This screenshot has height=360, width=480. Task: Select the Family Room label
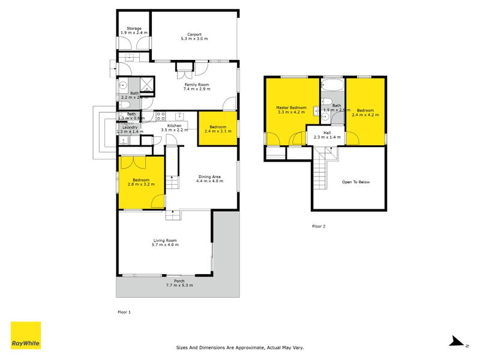tap(196, 85)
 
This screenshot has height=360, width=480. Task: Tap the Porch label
tap(179, 281)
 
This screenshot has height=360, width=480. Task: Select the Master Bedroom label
tap(292, 108)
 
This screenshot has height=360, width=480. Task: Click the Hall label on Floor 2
tap(327, 133)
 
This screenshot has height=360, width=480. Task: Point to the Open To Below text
tap(356, 181)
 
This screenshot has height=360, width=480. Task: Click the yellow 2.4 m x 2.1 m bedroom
tap(217, 127)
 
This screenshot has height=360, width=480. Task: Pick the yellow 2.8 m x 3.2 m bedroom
tap(141, 181)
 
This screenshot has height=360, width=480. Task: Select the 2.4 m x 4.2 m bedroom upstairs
tap(365, 111)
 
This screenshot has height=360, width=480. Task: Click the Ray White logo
tap(26, 335)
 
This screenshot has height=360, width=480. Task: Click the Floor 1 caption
tap(123, 312)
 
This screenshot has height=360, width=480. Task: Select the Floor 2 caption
tap(319, 226)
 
